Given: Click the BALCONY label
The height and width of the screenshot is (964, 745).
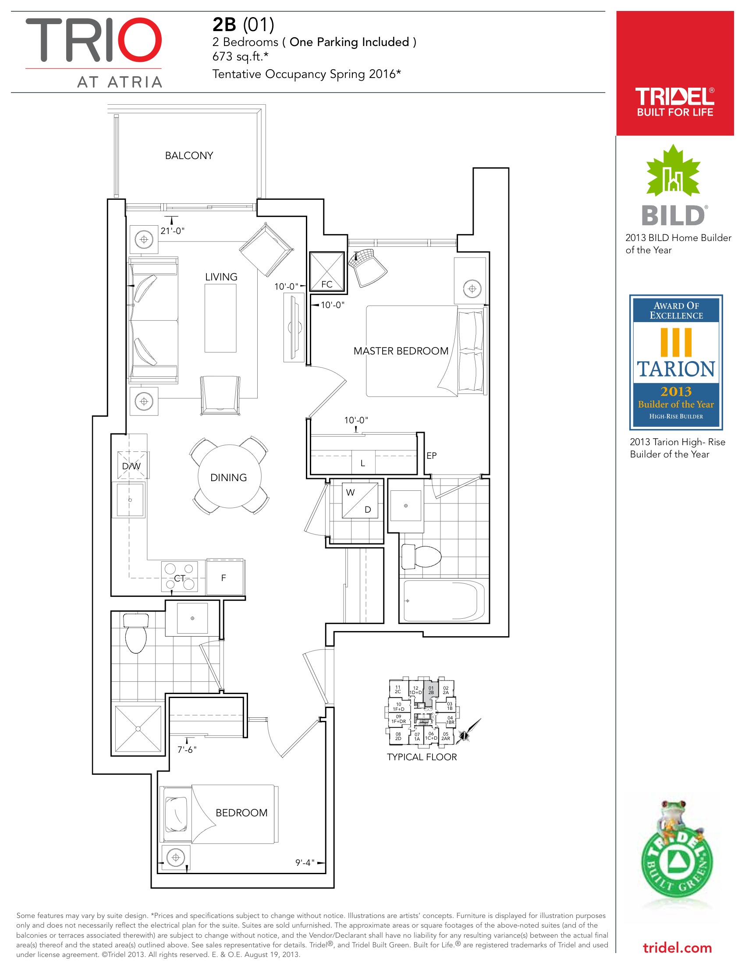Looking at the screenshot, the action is tap(189, 156).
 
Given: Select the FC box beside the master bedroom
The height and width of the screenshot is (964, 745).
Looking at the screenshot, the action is tap(326, 271).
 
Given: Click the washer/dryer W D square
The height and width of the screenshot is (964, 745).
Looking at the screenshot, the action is tap(360, 500).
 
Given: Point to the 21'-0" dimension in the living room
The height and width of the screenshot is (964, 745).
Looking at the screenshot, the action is tap(173, 231).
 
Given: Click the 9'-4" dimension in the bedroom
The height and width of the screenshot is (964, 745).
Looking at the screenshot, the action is tap(305, 862).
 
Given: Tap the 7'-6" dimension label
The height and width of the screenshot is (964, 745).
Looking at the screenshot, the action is tap(187, 749).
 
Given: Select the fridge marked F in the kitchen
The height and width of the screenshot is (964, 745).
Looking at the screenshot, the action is tap(225, 577).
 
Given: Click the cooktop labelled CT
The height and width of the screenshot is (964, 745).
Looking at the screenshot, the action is tap(179, 577).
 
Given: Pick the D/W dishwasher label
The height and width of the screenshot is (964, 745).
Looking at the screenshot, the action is tap(131, 466).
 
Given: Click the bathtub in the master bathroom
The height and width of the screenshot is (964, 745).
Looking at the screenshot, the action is tap(444, 601).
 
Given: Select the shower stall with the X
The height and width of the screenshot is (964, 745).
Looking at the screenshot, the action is tap(138, 729).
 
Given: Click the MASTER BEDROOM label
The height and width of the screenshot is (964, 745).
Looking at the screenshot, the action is tap(401, 351).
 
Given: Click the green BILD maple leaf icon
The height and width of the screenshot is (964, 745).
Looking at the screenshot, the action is tap(673, 171).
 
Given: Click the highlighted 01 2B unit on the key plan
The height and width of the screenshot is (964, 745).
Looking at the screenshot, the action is tap(431, 690).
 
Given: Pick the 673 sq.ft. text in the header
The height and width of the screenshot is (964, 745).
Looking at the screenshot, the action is tap(240, 57).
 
